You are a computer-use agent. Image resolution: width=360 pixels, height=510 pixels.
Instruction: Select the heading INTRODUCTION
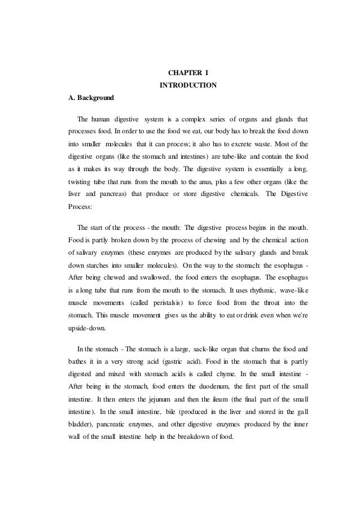pos(188,85)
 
